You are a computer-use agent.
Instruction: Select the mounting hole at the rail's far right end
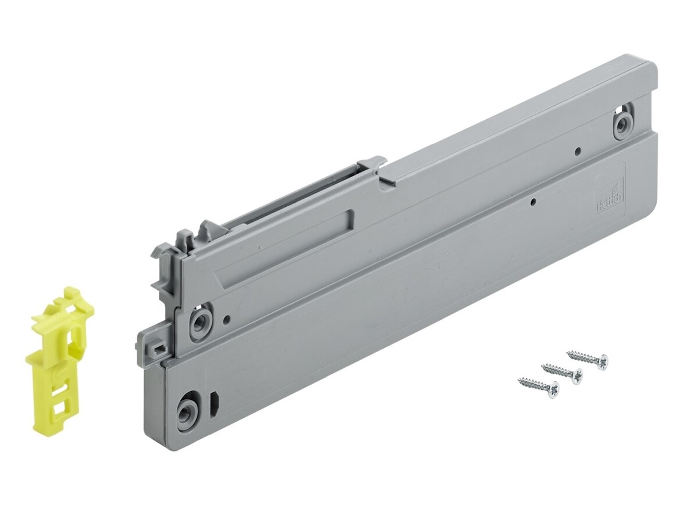coord(623,123)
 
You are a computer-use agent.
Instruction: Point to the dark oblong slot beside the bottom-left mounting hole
coord(213,402)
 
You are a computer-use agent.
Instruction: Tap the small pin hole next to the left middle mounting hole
coord(227,319)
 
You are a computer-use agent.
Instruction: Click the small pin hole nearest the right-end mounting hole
coord(578,152)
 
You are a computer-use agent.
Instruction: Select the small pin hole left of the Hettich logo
coord(533,203)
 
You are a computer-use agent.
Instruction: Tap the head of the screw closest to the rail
coord(601,361)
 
